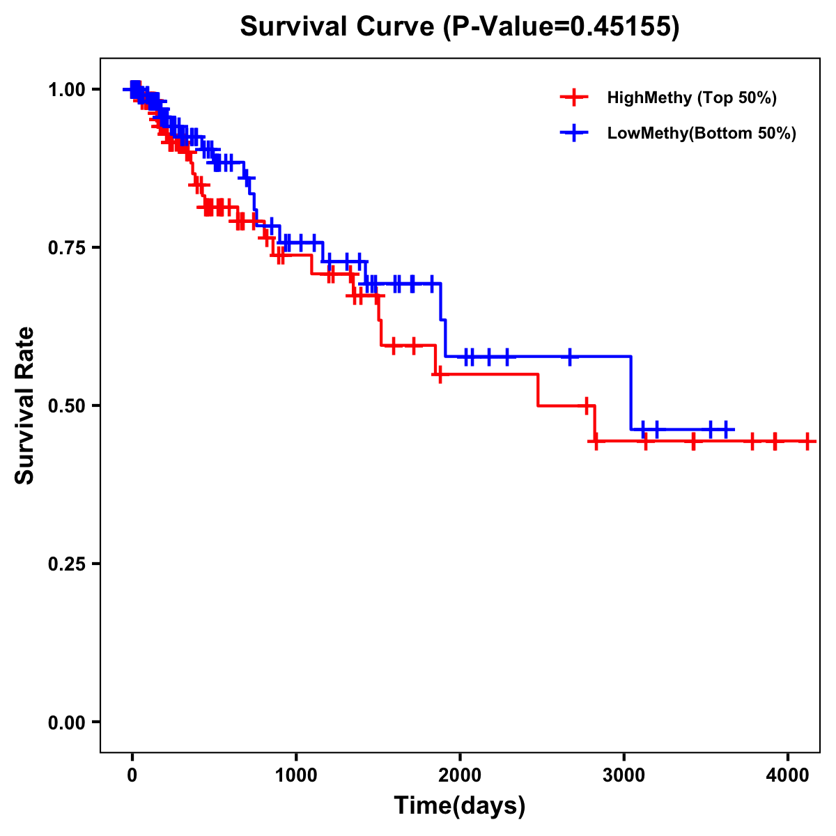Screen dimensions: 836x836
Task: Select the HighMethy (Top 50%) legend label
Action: tap(691, 98)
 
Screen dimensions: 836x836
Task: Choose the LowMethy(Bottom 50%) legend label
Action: tap(702, 133)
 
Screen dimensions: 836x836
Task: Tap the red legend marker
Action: tap(573, 98)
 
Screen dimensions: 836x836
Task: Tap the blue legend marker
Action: tap(573, 133)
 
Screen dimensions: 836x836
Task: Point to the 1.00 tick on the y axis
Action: tap(66, 89)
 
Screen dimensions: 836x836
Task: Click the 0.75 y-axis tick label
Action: tap(66, 247)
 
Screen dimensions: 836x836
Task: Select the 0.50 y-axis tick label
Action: tap(66, 405)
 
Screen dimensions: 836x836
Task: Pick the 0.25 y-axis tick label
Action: tap(66, 564)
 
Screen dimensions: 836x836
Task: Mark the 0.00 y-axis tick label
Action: tap(66, 722)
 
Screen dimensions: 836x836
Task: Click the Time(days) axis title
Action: tap(460, 805)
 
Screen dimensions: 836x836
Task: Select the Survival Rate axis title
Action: tap(25, 405)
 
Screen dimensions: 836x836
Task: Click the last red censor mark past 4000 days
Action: tap(807, 441)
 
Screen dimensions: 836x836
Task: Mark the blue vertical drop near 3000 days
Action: tap(631, 393)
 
